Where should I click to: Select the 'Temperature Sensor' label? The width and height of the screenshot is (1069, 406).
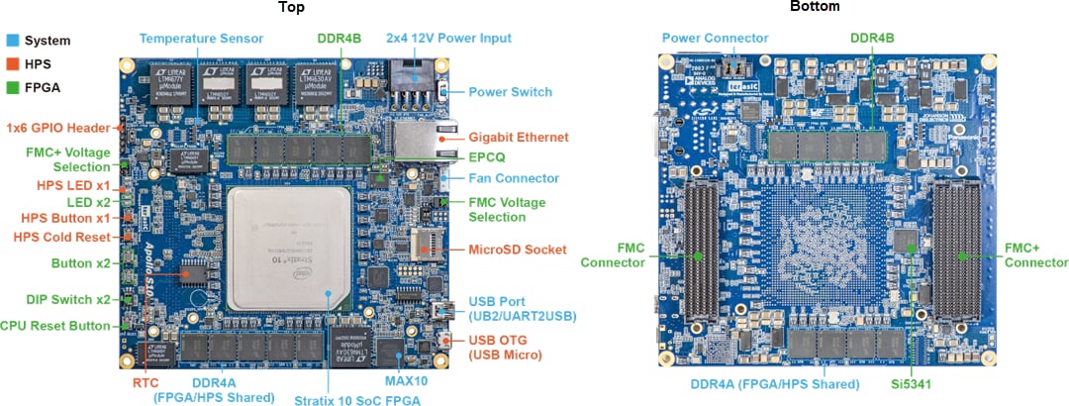[x=201, y=39]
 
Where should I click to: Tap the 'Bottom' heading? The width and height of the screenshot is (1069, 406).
[x=815, y=8]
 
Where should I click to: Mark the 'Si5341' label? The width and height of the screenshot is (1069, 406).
[x=912, y=382]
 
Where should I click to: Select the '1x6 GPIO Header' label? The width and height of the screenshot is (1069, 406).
[x=56, y=128]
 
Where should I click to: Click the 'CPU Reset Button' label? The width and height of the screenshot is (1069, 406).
[x=55, y=325]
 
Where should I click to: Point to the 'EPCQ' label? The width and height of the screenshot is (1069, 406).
[x=488, y=156]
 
